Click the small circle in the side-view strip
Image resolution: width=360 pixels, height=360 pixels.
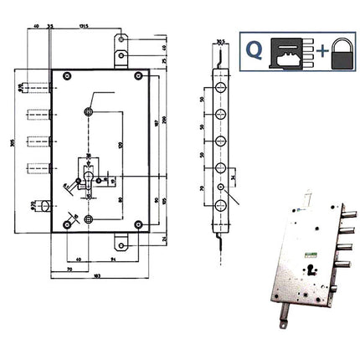222,189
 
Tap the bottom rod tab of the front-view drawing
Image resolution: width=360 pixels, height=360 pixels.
122,244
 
